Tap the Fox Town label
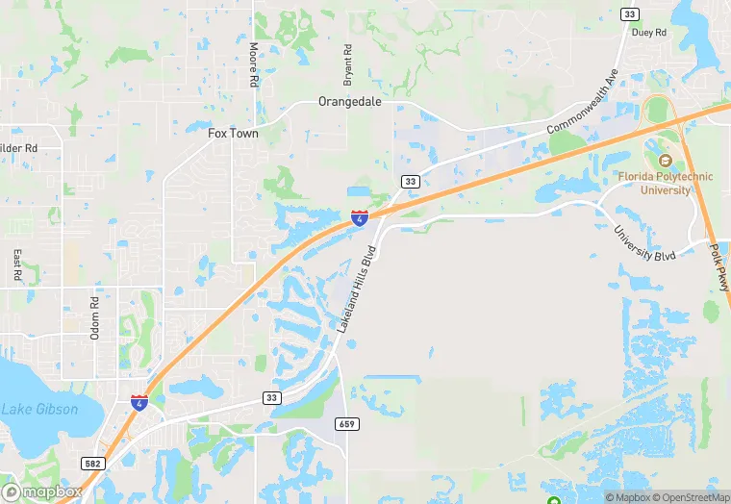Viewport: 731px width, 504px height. tap(234, 134)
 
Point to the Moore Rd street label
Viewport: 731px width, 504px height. tap(254, 65)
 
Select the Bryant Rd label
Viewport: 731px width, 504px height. tap(348, 63)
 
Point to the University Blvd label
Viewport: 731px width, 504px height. tap(644, 243)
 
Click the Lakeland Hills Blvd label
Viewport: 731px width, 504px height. tap(355, 286)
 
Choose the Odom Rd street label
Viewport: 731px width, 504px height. tap(94, 314)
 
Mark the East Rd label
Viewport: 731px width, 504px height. tap(16, 266)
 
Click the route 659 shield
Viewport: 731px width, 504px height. tap(346, 423)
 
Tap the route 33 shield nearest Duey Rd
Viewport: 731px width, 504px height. tap(629, 13)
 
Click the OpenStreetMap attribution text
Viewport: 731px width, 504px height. tap(690, 497)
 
